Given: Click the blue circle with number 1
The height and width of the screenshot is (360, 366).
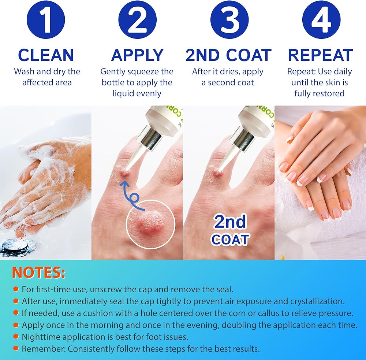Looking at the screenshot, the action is [46, 20].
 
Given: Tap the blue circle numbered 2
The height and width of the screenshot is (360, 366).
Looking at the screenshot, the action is [138, 20].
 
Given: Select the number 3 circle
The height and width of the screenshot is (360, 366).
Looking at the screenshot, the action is [229, 20].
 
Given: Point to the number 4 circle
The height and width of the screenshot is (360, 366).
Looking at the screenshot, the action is [321, 20].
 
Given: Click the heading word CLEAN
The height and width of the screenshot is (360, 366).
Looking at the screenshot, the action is [46, 55].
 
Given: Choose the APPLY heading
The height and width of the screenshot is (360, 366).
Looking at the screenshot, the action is [137, 55].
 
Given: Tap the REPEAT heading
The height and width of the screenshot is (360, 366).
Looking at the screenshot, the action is [321, 55].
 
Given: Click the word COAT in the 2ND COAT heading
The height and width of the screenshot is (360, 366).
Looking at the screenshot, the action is [249, 55].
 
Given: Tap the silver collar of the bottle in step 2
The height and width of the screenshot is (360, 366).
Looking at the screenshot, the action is [149, 138].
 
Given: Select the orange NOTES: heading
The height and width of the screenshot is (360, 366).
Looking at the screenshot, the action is [38, 272].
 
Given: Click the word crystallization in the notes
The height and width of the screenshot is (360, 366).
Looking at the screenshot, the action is [317, 301].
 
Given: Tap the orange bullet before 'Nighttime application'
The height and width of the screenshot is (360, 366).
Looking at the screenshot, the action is [16, 337].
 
